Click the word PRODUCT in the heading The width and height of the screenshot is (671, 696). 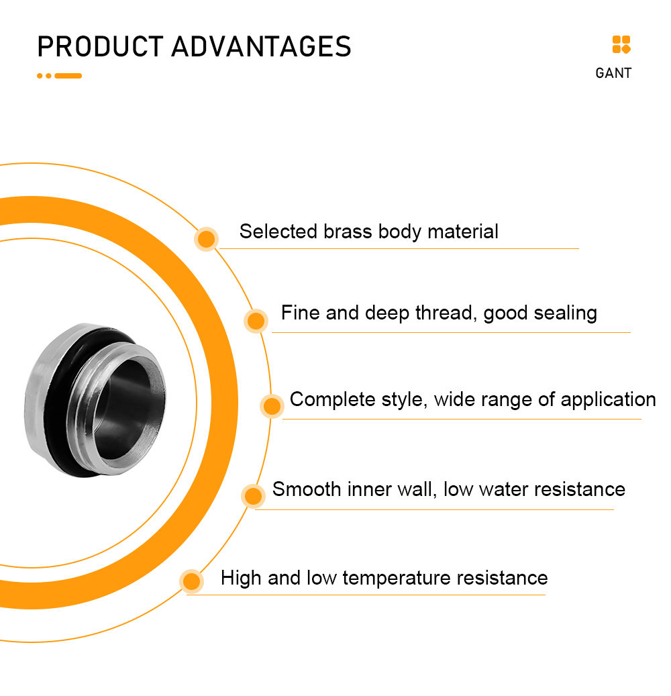[100, 46]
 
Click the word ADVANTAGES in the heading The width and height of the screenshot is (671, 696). [262, 46]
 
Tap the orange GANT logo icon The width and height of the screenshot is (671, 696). [621, 44]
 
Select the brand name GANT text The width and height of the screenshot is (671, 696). [613, 73]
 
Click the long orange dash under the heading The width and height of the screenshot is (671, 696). [68, 76]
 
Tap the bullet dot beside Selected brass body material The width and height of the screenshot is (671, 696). [207, 239]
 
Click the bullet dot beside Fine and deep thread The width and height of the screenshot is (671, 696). [256, 321]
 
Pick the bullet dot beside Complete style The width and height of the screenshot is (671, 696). [272, 405]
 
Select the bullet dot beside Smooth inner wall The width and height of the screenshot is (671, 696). [254, 496]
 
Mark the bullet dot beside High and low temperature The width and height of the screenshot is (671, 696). [192, 581]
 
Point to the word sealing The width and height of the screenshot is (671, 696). [566, 314]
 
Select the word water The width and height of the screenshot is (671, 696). [504, 489]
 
